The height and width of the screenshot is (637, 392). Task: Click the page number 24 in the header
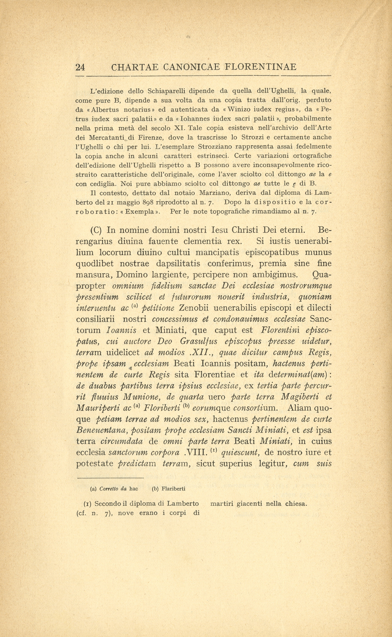coord(80,67)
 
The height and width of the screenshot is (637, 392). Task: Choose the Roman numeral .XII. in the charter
coord(205,353)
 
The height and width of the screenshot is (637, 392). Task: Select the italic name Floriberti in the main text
coord(162,408)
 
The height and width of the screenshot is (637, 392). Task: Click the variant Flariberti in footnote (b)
coord(173,489)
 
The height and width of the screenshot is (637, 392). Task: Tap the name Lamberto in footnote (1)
coord(183,504)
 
